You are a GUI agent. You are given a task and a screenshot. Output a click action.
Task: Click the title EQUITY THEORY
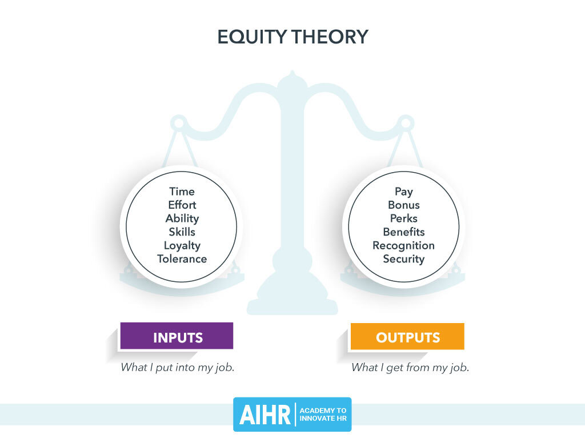[x=292, y=37]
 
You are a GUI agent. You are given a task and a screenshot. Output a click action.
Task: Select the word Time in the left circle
[x=182, y=192]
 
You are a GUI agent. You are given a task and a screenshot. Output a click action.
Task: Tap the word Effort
[x=182, y=205]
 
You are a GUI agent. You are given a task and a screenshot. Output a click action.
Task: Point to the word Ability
[x=182, y=218]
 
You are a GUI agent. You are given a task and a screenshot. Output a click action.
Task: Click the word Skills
[x=182, y=232]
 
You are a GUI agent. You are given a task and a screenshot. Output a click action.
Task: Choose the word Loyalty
[x=182, y=245]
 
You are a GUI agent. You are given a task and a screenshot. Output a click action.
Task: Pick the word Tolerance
[x=182, y=258]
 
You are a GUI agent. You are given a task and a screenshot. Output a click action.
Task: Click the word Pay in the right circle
[x=403, y=192]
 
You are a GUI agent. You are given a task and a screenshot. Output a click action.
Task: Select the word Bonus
[x=403, y=205]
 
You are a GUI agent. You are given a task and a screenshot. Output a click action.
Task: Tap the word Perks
[x=403, y=218]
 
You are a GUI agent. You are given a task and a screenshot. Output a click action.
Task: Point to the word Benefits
[x=403, y=232]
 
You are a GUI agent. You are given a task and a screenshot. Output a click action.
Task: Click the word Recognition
[x=403, y=245]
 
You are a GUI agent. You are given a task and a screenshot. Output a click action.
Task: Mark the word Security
[x=403, y=258]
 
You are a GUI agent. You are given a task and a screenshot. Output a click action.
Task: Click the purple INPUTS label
[x=177, y=337]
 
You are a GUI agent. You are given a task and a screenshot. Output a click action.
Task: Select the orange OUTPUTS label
[x=407, y=337]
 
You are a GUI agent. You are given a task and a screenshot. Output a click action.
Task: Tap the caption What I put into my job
[x=177, y=368]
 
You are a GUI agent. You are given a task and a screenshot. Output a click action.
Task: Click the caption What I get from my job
[x=410, y=368]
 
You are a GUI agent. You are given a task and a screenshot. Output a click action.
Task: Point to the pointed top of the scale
[x=292, y=73]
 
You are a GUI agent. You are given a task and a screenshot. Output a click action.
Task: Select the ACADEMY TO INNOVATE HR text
[x=323, y=415]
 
